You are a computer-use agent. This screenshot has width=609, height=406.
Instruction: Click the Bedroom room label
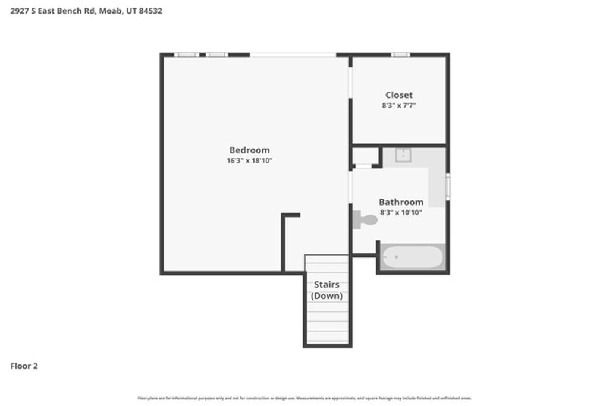(249, 150)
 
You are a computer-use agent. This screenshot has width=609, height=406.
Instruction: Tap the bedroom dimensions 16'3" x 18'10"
(249, 160)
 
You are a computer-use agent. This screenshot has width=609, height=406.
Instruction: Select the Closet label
(398, 95)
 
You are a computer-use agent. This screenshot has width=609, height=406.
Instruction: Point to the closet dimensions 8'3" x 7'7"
(398, 105)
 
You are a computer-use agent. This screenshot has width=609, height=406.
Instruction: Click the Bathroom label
(401, 202)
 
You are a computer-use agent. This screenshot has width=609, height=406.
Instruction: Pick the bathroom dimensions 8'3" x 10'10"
(401, 212)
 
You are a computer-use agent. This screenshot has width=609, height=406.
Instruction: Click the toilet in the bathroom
(365, 220)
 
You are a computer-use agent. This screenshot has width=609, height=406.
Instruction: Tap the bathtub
(412, 257)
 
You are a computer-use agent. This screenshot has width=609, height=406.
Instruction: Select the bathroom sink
(403, 155)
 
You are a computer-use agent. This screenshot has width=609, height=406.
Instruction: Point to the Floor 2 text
(24, 366)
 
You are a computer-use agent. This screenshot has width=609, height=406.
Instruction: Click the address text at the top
(86, 11)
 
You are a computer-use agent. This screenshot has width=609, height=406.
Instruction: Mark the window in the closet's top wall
(400, 55)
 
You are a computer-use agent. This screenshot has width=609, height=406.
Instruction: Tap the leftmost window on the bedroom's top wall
(186, 55)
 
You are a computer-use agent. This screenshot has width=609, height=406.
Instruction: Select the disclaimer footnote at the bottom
(304, 398)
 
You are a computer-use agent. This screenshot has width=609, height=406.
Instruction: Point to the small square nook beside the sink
(363, 156)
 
